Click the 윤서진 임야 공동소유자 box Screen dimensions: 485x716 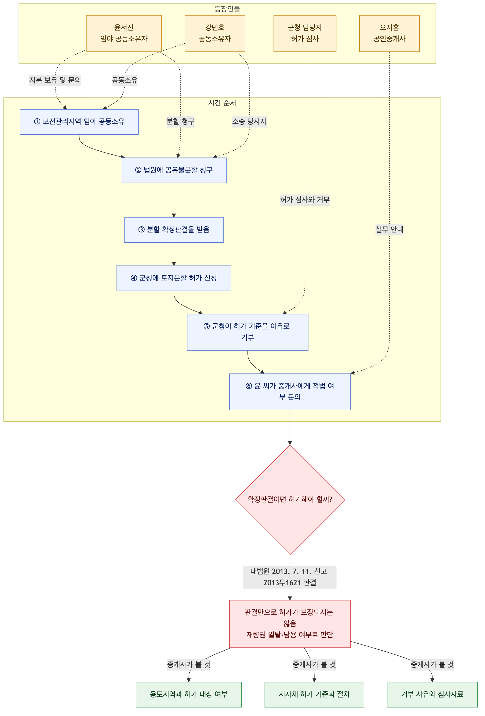coord(124,33)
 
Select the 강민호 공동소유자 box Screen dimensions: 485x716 coord(215,33)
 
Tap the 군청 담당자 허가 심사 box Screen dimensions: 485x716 coord(305,33)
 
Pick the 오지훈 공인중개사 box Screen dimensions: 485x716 coord(389,33)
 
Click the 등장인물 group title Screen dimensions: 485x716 coord(228,9)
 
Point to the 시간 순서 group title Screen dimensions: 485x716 coord(222,103)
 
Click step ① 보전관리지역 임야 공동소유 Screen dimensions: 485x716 coord(79,122)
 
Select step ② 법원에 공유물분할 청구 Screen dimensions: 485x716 coord(174,170)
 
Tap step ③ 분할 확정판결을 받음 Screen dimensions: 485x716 coord(174,230)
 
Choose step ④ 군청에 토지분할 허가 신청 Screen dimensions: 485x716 coord(174,278)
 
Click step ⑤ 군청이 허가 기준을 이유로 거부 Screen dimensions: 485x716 coord(247,332)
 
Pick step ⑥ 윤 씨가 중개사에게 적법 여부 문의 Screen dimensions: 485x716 coord(290,392)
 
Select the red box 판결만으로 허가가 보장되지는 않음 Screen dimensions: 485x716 coord(290,624)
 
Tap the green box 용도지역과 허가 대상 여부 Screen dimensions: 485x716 coord(189,694)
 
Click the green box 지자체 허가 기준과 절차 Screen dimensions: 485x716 coord(314,694)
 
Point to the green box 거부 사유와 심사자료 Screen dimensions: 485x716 coord(432,694)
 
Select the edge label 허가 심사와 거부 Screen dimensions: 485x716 coord(305,200)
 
